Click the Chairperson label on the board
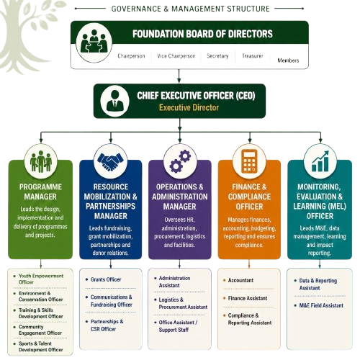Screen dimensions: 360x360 [131, 56]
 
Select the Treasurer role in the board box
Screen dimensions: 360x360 [253, 56]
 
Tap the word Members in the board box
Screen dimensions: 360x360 [288, 60]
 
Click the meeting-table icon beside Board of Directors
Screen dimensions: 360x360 [94, 42]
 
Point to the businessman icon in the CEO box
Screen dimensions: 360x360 [115, 101]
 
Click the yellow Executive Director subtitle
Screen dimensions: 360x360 [189, 107]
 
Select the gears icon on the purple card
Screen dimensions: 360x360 [180, 161]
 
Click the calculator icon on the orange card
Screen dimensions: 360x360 [249, 161]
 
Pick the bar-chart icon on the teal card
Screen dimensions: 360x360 [320, 161]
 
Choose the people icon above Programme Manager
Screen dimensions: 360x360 [41, 161]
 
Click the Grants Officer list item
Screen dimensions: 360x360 [106, 279]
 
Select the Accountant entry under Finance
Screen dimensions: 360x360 [240, 280]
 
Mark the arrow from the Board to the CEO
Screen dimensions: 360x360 [179, 76]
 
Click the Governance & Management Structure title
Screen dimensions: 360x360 [191, 9]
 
